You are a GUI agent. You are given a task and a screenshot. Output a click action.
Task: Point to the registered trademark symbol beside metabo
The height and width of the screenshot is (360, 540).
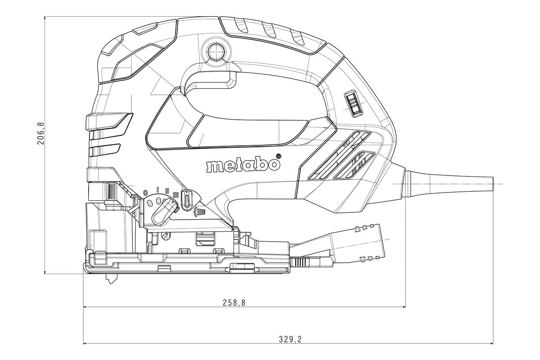coord(278,157)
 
